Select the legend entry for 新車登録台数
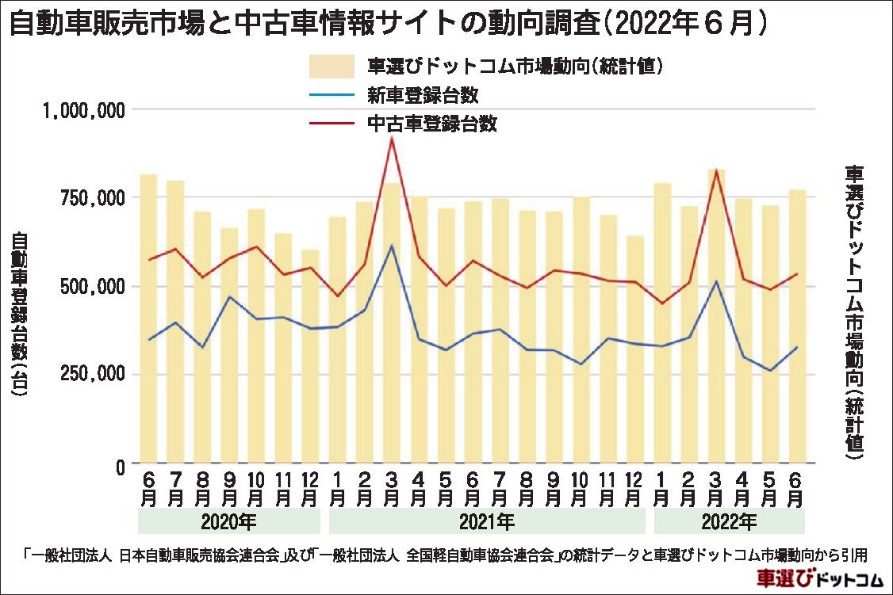coord(422,96)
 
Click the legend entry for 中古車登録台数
coord(431,124)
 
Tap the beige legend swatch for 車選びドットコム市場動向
coord(332,67)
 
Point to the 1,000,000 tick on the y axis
coord(84,110)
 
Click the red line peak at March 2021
coord(392,138)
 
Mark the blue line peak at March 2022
coord(716,281)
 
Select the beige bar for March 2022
coord(716,317)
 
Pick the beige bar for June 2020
coord(148,317)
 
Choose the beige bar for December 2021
coord(634,349)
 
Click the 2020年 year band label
coord(228,522)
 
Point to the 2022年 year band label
coord(730,522)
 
